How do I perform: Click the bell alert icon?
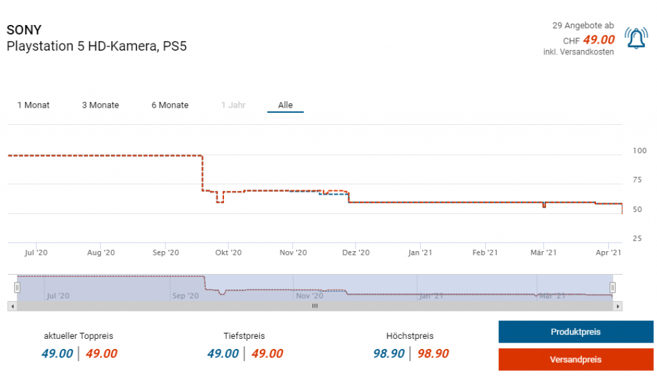tap(636, 39)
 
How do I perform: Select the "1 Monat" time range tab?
tap(33, 105)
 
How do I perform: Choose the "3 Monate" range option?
tap(100, 105)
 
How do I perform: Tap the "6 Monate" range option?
tap(170, 105)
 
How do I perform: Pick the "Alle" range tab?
tap(286, 105)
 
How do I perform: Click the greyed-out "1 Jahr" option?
tap(234, 105)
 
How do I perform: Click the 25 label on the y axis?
tap(638, 239)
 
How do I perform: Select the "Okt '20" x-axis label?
tap(229, 253)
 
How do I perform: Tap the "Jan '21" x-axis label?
tap(420, 253)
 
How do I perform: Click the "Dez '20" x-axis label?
tap(357, 253)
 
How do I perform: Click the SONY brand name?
tap(24, 30)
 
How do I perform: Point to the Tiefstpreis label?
tap(244, 336)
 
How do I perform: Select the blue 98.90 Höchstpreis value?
tap(389, 354)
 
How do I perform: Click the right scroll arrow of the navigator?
tap(618, 307)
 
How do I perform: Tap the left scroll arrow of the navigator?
tap(11, 307)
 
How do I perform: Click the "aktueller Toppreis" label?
tap(78, 336)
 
